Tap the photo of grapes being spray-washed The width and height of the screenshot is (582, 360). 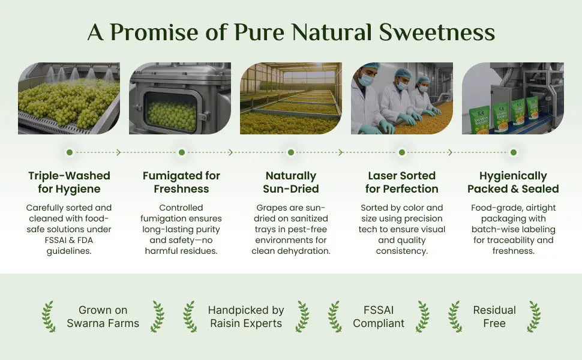point(69,98)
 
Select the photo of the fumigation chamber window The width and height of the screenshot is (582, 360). point(180,98)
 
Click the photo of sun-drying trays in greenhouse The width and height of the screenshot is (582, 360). point(291,98)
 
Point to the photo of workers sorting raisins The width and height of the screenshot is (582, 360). point(402,98)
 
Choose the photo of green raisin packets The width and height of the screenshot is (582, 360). point(513,98)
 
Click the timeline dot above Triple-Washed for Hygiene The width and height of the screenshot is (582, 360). point(70,152)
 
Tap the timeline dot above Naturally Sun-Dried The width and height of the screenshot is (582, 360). point(291,152)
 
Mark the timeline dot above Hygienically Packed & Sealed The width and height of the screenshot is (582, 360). point(513,152)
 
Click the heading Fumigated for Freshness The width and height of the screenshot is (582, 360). point(181,182)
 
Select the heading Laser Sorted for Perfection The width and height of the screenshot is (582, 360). point(402,182)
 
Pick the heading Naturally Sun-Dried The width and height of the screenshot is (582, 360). point(291,182)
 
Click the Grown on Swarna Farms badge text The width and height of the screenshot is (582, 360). point(103,317)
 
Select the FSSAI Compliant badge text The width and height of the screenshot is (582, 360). point(379,317)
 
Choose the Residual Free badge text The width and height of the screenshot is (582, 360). point(494,317)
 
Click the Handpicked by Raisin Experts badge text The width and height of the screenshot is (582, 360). point(246,317)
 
